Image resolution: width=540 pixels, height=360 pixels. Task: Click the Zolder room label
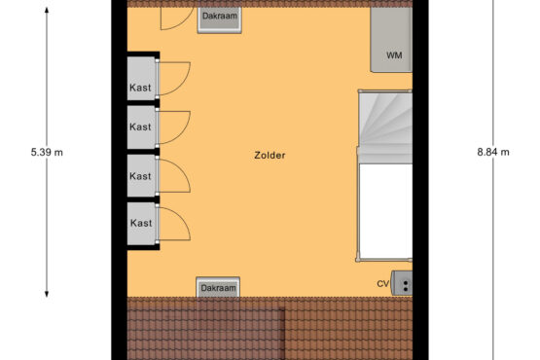coord(270,156)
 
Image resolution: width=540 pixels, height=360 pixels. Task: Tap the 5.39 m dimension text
coord(47,152)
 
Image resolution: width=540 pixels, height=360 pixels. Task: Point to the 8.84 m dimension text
coord(493,152)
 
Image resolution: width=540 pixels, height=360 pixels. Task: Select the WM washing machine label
coord(394,55)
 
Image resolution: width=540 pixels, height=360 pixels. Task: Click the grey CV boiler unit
coord(402,283)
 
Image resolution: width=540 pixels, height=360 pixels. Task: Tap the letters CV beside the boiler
coord(382,284)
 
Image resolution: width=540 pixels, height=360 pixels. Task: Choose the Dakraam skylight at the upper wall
coord(219,20)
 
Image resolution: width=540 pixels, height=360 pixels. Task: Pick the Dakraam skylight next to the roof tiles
coord(218,287)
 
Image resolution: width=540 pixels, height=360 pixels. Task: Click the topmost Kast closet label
coord(140,88)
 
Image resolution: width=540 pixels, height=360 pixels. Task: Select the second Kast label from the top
coord(140,126)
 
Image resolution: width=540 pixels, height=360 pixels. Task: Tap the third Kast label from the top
coord(140,176)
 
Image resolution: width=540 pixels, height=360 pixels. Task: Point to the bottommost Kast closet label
coord(141,223)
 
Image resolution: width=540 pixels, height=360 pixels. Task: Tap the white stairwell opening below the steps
coord(385,211)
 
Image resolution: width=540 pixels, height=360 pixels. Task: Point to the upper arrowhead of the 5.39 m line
coord(47,10)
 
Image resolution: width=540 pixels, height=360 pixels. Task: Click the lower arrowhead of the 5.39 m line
coord(47,294)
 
